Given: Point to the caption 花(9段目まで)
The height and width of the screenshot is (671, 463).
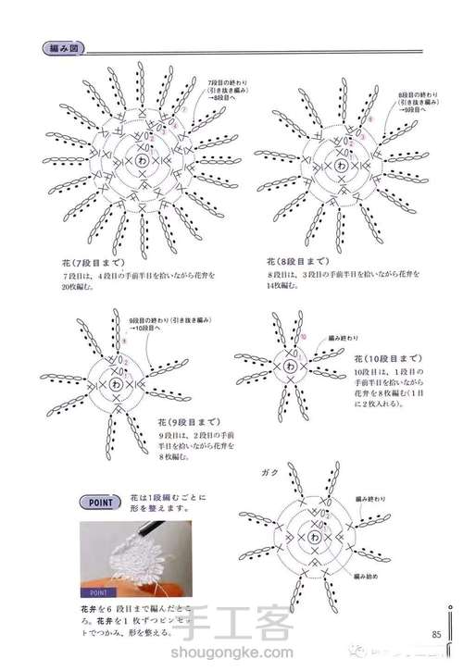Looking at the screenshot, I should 178,422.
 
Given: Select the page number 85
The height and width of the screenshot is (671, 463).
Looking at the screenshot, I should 435,634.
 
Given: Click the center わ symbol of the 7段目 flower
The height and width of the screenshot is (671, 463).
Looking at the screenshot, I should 142,159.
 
